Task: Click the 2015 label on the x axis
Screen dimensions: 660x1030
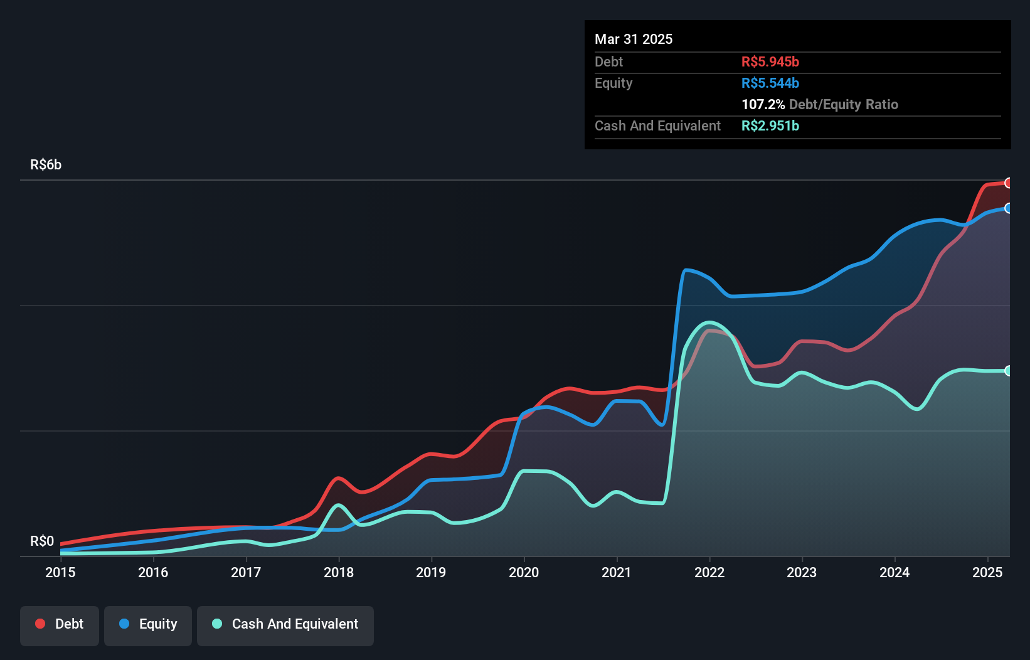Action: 60,572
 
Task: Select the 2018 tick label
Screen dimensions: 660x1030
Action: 339,572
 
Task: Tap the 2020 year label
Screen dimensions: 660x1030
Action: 524,572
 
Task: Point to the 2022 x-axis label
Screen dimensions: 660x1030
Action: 709,572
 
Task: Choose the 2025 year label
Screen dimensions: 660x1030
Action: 987,572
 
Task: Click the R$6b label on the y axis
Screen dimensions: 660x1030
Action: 46,165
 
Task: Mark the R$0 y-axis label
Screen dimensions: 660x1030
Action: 42,541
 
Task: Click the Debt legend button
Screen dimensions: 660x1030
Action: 60,624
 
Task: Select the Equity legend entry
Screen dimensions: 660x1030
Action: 148,624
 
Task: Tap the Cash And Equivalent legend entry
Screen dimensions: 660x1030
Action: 285,624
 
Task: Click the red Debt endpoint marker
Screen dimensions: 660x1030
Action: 1008,183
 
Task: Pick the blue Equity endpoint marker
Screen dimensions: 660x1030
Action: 1008,208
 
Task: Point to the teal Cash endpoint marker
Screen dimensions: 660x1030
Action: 1008,371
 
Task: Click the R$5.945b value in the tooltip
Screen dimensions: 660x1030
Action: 770,61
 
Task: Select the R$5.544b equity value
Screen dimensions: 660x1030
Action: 770,83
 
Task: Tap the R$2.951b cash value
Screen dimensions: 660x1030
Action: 770,125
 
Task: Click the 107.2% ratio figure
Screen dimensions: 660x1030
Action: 763,104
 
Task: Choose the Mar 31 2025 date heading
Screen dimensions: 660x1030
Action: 634,39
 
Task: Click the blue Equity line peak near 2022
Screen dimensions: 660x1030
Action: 686,270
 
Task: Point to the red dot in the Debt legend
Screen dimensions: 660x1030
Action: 40,624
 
